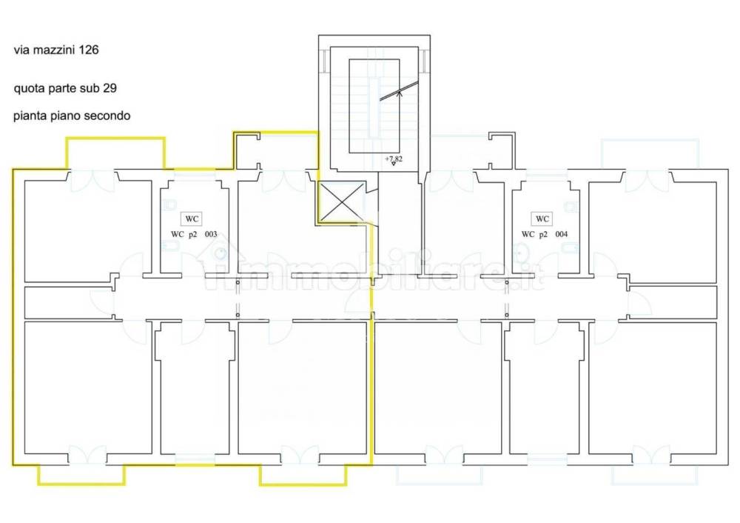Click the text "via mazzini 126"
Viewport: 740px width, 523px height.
(x=56, y=51)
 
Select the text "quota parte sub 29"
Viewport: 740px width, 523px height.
(x=65, y=88)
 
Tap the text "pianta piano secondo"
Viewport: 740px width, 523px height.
(x=72, y=116)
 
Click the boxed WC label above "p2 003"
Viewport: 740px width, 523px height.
(x=192, y=219)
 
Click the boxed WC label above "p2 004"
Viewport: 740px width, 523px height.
(x=542, y=219)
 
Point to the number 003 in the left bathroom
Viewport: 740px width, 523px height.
(x=211, y=235)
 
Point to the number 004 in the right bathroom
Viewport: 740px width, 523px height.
(x=562, y=235)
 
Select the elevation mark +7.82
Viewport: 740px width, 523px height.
(x=393, y=159)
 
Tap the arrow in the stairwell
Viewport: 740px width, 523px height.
(x=400, y=93)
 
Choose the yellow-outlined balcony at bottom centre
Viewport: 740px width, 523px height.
(x=303, y=474)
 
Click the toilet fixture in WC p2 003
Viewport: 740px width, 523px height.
(x=169, y=205)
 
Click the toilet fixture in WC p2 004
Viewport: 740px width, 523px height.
(x=573, y=205)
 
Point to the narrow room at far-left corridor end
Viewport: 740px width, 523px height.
(x=67, y=302)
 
